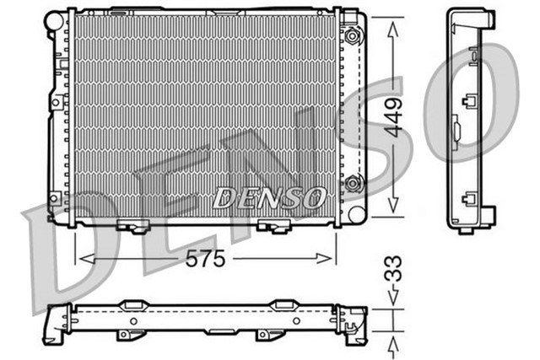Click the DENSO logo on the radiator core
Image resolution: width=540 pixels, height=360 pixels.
[269, 197]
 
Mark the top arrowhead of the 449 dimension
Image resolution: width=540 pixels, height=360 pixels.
[392, 28]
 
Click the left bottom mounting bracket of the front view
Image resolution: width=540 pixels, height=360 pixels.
[134, 225]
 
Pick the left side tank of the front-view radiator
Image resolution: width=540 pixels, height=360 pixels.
[58, 118]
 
